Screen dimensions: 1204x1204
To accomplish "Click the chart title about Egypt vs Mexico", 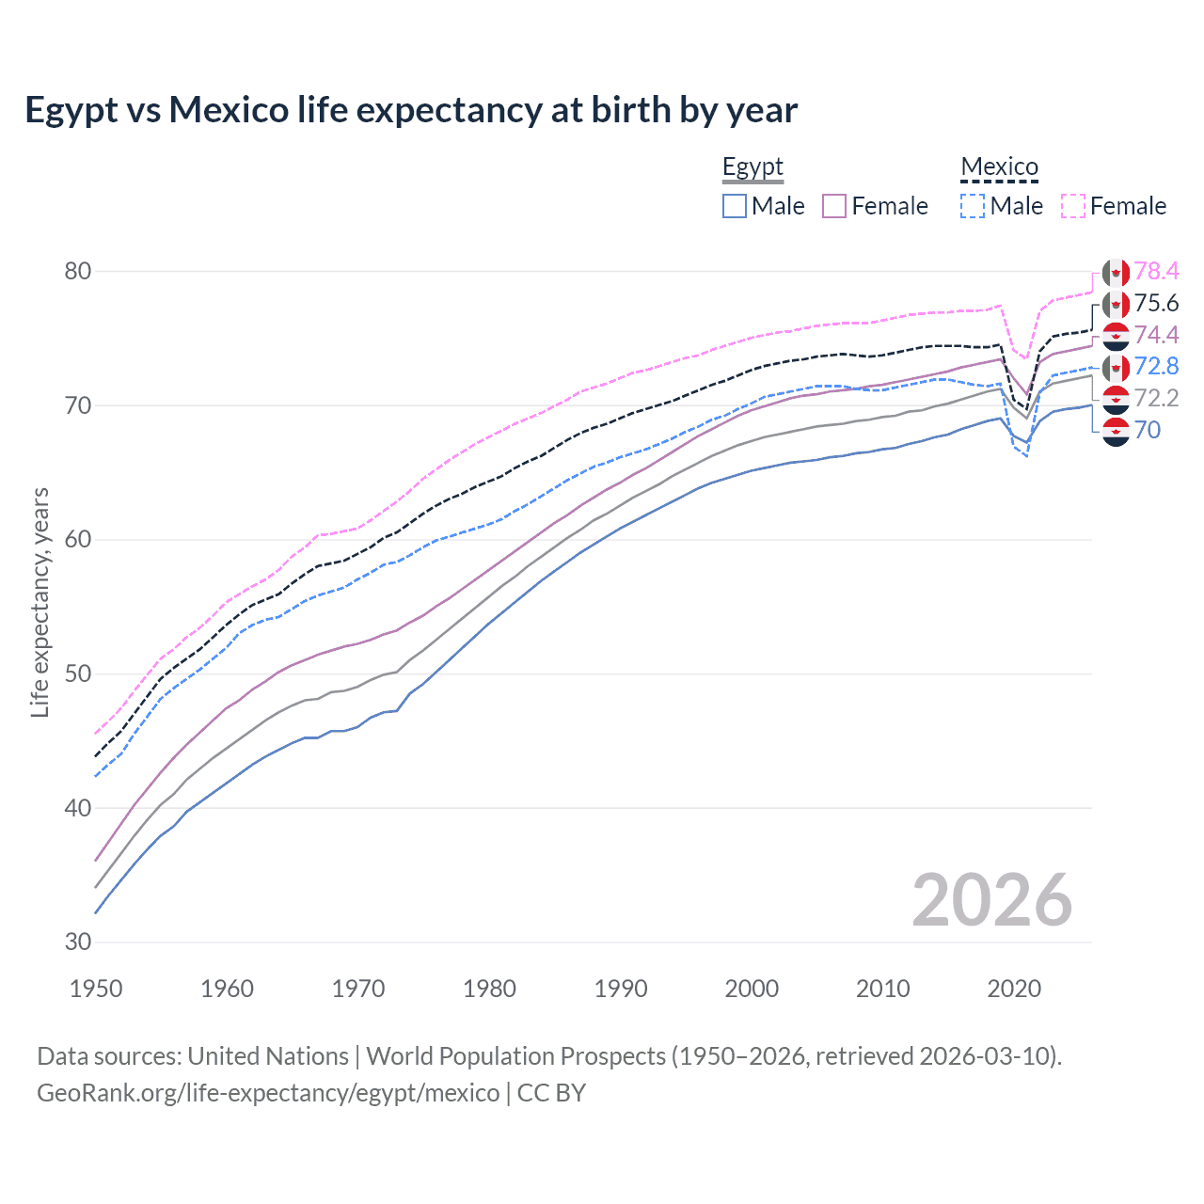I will point(411,110).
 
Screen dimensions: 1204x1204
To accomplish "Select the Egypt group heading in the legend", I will point(752,167).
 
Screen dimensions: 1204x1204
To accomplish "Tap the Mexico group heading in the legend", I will point(999,167).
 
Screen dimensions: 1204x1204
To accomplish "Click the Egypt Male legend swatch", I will point(735,206).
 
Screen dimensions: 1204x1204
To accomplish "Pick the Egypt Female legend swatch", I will point(834,206).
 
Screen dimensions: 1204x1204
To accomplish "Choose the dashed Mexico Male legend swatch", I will point(973,206).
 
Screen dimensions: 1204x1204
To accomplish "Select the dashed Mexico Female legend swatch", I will point(1073,206).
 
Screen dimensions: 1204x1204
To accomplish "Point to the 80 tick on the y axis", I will point(78,272).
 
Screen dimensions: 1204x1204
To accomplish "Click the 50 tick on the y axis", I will point(78,674).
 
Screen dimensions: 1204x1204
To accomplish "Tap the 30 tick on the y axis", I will point(78,943).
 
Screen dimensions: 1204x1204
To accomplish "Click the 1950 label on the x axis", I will point(97,989).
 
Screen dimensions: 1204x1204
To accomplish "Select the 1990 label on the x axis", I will point(621,989).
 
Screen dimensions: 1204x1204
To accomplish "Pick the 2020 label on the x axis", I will point(1014,989).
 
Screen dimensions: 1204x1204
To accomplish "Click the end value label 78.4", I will point(1156,272).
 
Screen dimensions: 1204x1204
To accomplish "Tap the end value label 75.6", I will point(1156,304).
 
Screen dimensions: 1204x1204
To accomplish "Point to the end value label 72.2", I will point(1156,399).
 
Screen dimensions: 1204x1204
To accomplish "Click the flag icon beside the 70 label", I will point(1116,432).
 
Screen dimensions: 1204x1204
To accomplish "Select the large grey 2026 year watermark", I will point(992,901).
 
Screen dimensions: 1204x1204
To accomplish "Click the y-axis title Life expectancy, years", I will point(40,602).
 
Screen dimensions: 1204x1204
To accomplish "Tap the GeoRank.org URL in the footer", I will point(268,1093).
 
